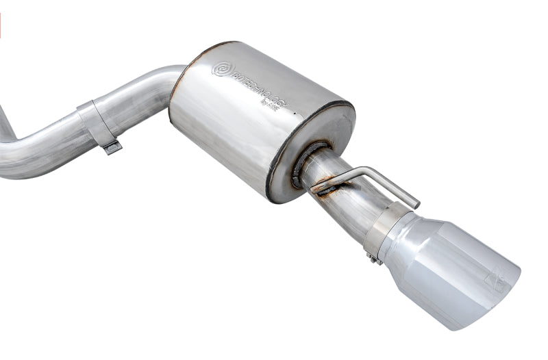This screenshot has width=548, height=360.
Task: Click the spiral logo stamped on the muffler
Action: point(223,69)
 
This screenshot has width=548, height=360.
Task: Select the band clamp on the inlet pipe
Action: point(95,123)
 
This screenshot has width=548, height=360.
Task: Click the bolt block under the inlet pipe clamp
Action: point(112,146)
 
